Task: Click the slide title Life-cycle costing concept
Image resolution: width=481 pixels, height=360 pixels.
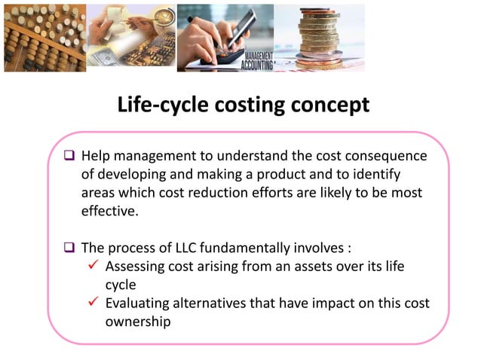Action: [243, 105]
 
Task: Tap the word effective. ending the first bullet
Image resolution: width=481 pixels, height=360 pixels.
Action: [110, 212]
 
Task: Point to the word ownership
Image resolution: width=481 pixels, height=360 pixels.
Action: [138, 322]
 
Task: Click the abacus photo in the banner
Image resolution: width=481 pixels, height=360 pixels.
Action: [44, 38]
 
